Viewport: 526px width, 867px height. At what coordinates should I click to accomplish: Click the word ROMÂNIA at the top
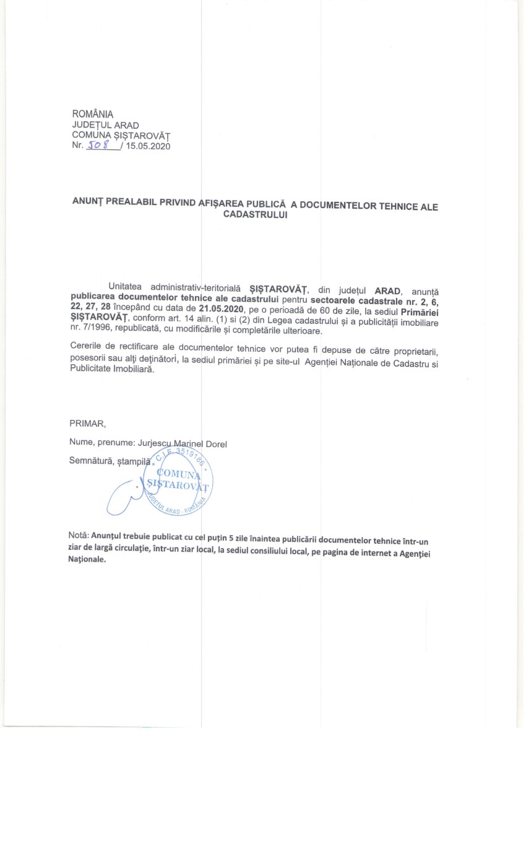click(x=93, y=114)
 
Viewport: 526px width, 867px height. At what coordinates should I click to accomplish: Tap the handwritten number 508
click(x=98, y=146)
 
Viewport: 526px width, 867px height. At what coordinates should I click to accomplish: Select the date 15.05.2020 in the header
click(x=148, y=147)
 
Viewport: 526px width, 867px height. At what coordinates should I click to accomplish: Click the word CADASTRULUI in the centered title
click(x=254, y=215)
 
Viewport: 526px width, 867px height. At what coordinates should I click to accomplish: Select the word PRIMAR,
click(x=88, y=424)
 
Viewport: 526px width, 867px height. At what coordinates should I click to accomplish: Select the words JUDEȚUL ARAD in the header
click(x=105, y=125)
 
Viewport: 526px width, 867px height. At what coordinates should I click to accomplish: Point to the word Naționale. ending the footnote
click(x=87, y=559)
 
